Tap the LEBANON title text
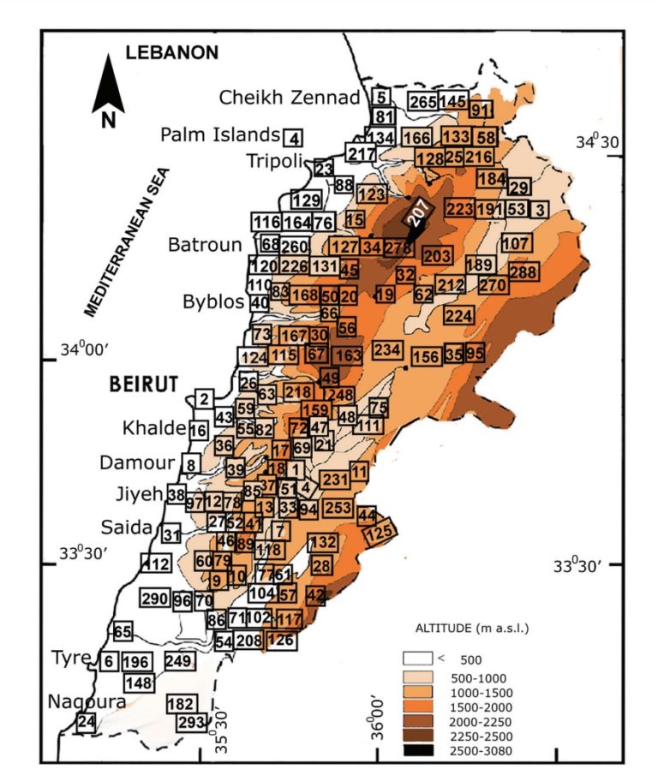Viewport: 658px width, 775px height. (x=172, y=52)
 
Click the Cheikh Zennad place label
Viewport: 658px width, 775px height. (x=290, y=98)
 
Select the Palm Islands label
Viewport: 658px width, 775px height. (x=221, y=134)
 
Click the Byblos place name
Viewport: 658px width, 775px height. (x=214, y=301)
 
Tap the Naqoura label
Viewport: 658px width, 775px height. (x=87, y=701)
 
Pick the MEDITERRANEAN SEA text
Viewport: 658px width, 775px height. (x=128, y=241)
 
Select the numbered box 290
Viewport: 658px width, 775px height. (x=156, y=598)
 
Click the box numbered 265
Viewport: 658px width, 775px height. (x=423, y=101)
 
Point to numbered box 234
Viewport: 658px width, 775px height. (x=387, y=349)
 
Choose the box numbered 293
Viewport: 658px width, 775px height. (x=192, y=722)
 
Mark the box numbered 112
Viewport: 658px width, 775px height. (x=156, y=563)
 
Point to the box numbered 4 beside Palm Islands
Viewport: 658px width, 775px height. (x=294, y=138)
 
